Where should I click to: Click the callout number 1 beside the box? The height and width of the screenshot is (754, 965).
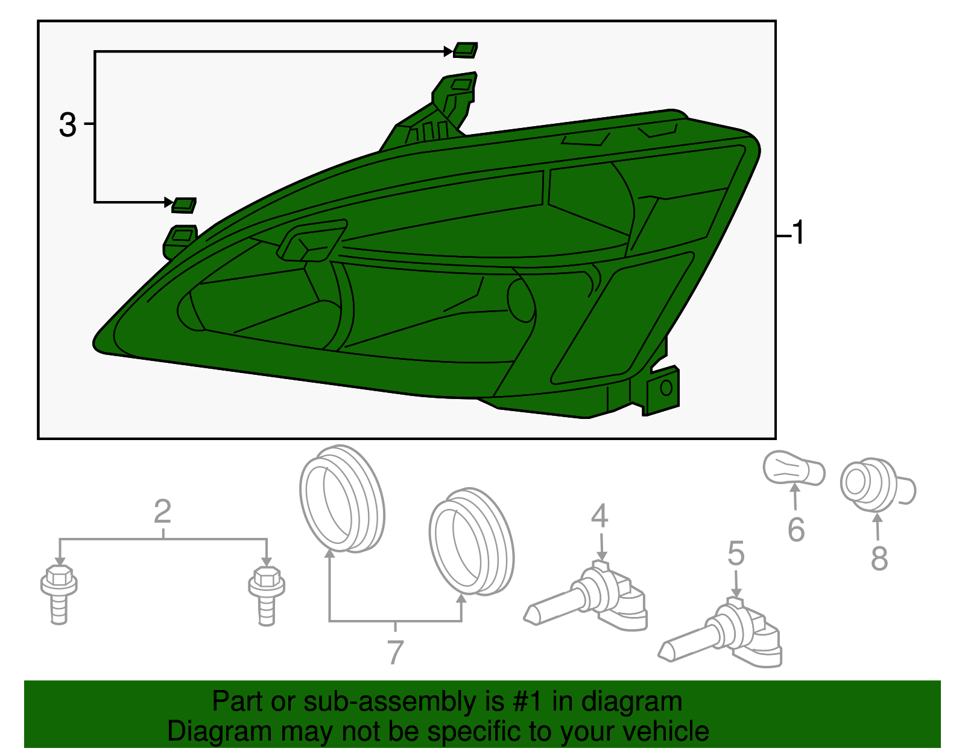click(797, 233)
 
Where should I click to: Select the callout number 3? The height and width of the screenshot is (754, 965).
click(68, 125)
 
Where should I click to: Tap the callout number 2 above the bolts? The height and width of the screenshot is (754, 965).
click(162, 511)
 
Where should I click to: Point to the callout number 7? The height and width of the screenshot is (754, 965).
click(395, 652)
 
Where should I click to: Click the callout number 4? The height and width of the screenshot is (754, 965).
click(600, 516)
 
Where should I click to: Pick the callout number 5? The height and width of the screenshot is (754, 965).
click(736, 554)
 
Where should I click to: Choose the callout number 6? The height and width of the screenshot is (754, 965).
click(796, 529)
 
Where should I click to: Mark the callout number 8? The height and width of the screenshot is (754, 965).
click(879, 558)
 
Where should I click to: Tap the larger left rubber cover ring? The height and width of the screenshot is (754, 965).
click(341, 499)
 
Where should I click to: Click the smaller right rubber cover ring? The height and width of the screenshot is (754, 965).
click(471, 541)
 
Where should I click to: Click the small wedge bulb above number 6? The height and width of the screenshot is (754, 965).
click(794, 469)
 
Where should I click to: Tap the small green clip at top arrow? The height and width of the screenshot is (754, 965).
click(466, 50)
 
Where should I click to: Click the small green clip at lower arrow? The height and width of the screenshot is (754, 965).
click(184, 205)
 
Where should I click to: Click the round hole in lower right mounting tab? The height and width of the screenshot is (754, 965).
click(666, 388)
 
